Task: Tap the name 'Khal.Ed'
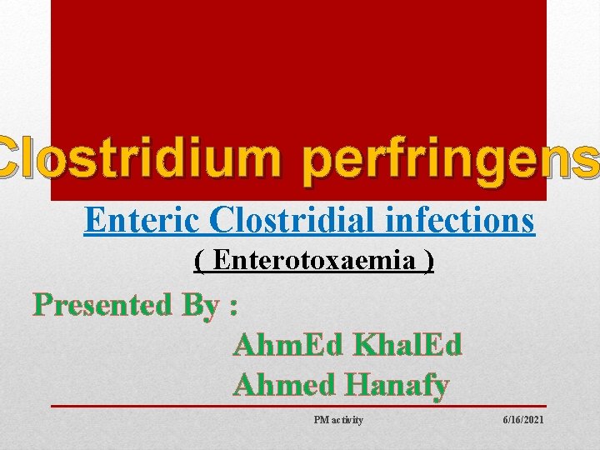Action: (x=407, y=344)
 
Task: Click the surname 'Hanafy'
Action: (x=397, y=386)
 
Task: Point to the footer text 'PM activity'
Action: (x=338, y=420)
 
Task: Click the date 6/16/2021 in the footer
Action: (x=523, y=420)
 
